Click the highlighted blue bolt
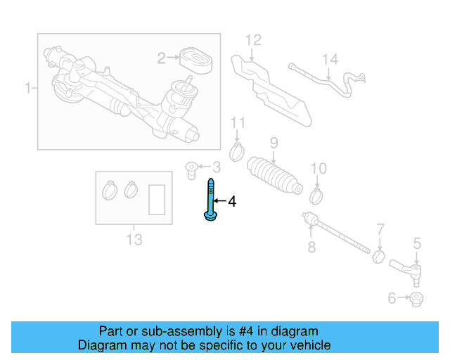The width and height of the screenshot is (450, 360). click(210, 201)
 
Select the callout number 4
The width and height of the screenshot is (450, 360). click(232, 202)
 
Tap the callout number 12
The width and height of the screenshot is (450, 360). click(253, 40)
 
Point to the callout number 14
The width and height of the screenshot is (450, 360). click(330, 60)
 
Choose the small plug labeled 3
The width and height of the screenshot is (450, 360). click(189, 168)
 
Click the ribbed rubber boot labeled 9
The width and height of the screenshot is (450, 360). click(274, 176)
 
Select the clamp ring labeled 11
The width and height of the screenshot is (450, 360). click(238, 150)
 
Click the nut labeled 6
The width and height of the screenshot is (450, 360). click(416, 300)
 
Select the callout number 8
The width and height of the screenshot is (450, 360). click(311, 247)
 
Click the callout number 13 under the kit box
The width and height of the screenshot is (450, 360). click(134, 240)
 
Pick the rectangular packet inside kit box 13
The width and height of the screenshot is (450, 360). click(157, 198)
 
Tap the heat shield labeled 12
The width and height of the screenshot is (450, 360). click(271, 85)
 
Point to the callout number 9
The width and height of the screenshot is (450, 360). click(274, 143)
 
